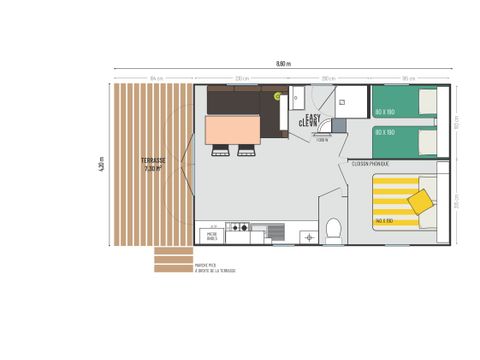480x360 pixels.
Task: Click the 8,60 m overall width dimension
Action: click(282, 63)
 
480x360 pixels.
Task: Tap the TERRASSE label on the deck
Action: click(152, 161)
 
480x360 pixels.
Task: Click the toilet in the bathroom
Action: click(334, 231)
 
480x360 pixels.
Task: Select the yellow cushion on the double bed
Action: click(420, 201)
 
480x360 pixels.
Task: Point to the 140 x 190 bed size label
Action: click(383, 220)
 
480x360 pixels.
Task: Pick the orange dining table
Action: click(232, 129)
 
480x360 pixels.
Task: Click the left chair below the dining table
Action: click(220, 150)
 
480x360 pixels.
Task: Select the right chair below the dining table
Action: click(244, 150)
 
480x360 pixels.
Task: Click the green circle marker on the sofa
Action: click(278, 96)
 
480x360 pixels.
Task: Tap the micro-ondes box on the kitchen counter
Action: click(211, 236)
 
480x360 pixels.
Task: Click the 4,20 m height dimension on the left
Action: click(101, 165)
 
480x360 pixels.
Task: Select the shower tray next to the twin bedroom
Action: click(350, 102)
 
